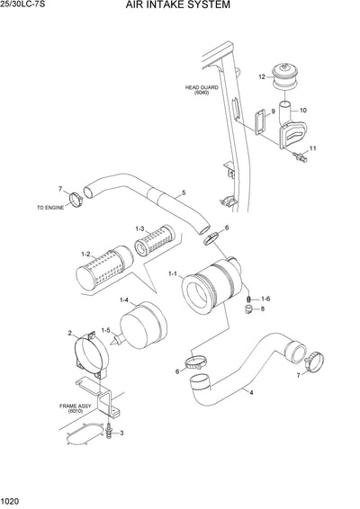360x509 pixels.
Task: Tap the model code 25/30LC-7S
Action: [x=25, y=5]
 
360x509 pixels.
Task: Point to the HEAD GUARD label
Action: [x=200, y=89]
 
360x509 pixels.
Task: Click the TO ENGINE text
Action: [x=52, y=207]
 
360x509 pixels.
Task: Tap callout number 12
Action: [x=262, y=77]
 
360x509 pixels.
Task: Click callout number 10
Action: [x=302, y=111]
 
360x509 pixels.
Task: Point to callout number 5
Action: [x=184, y=192]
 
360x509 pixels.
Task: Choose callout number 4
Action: [x=251, y=392]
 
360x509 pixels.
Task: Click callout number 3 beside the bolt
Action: [x=122, y=433]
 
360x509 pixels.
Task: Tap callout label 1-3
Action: [x=140, y=228]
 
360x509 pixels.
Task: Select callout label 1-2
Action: [x=85, y=255]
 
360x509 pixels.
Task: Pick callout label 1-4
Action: [x=123, y=299]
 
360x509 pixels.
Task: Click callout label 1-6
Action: [x=265, y=298]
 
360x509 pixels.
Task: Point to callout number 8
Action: [x=262, y=309]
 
